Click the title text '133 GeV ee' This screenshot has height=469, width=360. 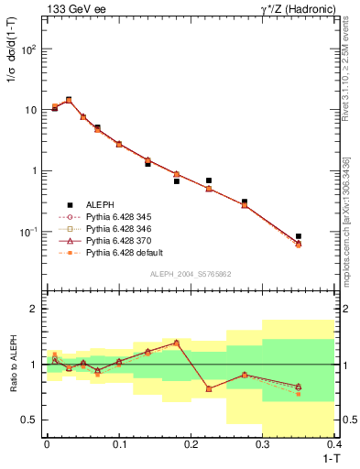[x=72, y=8]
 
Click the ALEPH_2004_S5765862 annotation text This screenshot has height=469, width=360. [x=189, y=274]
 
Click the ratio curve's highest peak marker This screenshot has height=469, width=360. [x=176, y=343]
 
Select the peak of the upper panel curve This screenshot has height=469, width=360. [x=69, y=100]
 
